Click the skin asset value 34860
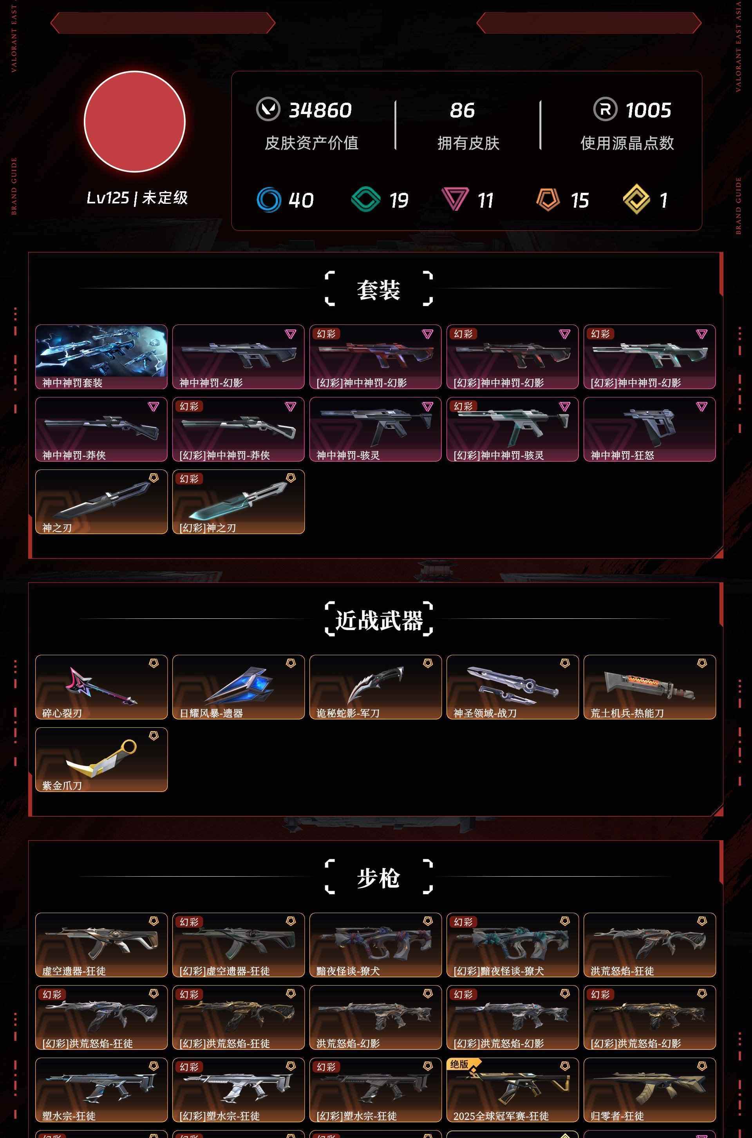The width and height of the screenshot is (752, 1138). [320, 111]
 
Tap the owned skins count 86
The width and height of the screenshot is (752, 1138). [462, 111]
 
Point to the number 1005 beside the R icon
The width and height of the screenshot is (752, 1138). [649, 111]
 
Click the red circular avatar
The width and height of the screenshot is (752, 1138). [135, 121]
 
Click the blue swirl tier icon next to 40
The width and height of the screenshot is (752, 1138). [269, 199]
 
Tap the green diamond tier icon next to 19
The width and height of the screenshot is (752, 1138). [365, 199]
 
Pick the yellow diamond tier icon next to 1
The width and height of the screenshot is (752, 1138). [636, 199]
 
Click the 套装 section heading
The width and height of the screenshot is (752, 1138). [378, 290]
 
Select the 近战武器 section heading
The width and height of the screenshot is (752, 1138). [379, 620]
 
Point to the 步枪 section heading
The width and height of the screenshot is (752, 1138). [378, 878]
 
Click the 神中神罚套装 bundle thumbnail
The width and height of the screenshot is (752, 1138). [101, 351]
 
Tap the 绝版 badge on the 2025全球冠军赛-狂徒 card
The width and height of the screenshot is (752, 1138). [459, 1064]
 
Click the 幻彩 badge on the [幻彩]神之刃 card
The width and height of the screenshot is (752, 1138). [189, 479]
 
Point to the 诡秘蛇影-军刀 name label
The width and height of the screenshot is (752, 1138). [348, 713]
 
